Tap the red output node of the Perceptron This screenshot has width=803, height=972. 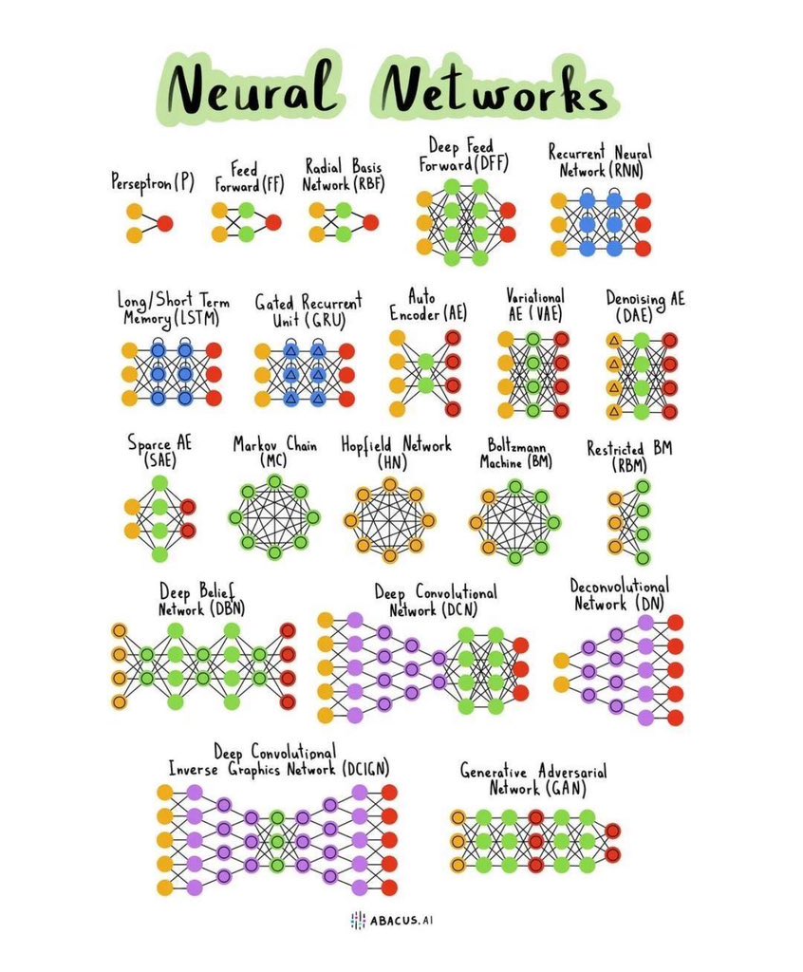tap(165, 224)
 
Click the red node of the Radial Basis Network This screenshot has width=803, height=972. tap(370, 222)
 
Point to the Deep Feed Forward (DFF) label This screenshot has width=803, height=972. tap(463, 155)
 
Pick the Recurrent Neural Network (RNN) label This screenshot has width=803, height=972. tap(601, 160)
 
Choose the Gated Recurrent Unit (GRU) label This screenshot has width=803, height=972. tap(308, 310)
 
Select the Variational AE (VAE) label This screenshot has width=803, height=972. tap(534, 305)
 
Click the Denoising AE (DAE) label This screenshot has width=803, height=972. tap(644, 307)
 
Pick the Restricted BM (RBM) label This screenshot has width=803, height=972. tap(628, 455)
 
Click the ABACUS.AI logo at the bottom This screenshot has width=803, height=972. tap(400, 919)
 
